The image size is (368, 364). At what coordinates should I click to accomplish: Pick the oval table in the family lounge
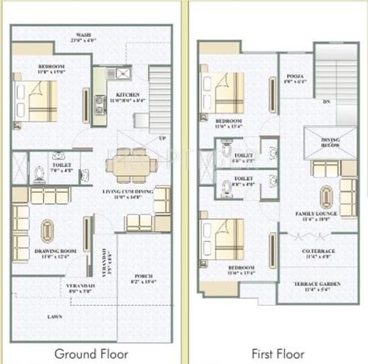tap(325, 196)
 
